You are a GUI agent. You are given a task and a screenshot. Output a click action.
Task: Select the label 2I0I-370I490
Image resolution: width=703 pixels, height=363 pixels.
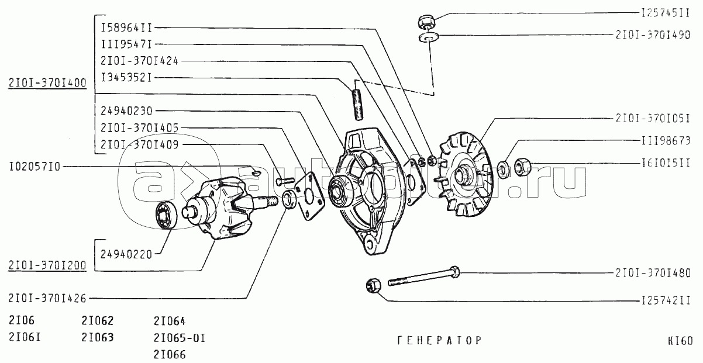click(x=653, y=35)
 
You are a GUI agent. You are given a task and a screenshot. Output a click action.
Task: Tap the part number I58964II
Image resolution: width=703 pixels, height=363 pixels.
click(x=126, y=27)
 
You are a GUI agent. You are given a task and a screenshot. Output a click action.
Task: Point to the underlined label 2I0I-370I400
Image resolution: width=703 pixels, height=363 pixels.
click(x=47, y=83)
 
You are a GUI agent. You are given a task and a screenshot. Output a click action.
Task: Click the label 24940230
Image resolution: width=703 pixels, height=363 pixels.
click(x=126, y=110)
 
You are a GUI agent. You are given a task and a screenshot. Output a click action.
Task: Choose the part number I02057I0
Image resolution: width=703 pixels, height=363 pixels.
click(x=35, y=167)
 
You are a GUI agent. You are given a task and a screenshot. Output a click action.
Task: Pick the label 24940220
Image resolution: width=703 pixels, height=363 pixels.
click(x=126, y=254)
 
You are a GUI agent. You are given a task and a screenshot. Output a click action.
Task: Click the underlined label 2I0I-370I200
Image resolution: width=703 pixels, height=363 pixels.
click(x=47, y=265)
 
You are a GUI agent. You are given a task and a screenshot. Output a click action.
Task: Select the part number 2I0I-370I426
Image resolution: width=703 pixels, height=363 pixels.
click(x=47, y=299)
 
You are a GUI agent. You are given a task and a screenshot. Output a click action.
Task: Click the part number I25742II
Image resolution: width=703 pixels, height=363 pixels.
click(x=661, y=301)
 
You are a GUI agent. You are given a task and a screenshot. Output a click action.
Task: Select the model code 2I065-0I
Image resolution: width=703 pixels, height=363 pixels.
click(x=180, y=338)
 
